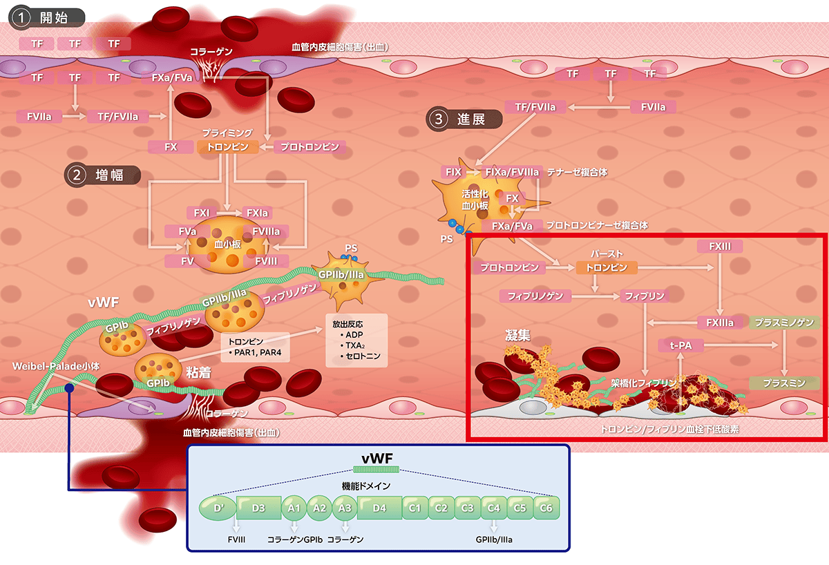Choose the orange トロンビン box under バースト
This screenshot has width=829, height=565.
click(606, 267)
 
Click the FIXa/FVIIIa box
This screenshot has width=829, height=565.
click(513, 171)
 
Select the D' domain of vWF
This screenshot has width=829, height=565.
click(218, 508)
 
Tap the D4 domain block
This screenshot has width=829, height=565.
click(379, 508)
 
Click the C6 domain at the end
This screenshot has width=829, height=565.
click(546, 508)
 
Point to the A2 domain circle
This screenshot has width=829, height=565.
click(319, 508)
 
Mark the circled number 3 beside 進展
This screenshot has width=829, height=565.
click(438, 119)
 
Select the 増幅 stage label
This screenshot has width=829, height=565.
click(109, 175)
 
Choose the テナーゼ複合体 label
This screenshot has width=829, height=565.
click(577, 171)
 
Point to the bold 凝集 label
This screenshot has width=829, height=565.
click(517, 336)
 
